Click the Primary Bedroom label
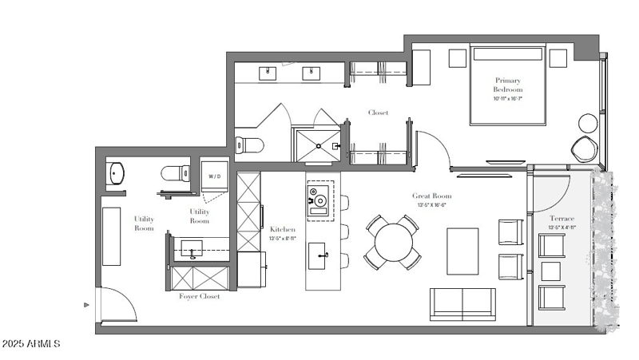click(x=508, y=85)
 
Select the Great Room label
click(x=431, y=196)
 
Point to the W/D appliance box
click(x=215, y=176)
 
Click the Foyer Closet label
click(x=198, y=297)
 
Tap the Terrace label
click(x=562, y=218)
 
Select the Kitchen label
click(x=282, y=229)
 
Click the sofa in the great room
click(x=462, y=303)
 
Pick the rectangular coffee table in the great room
click(x=462, y=251)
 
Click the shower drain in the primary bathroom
click(x=318, y=147)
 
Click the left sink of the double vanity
click(x=268, y=73)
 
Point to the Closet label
click(x=378, y=113)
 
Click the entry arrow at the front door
click(x=86, y=304)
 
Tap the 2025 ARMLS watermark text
click(x=32, y=344)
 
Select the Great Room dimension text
click(x=431, y=205)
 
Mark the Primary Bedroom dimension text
click(x=508, y=99)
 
